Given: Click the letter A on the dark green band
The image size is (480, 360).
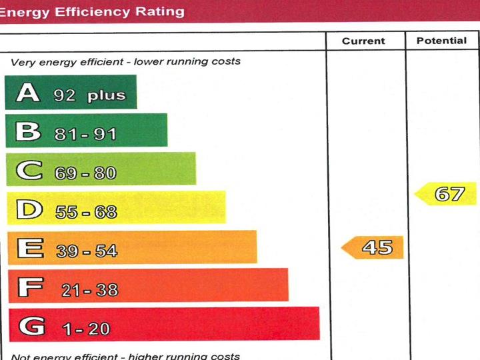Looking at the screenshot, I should click(28, 92).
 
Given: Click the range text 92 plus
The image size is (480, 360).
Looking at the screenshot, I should click(89, 95).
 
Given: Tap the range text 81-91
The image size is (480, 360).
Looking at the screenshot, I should click(85, 134).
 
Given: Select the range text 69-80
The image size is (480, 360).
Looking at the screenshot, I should click(85, 173).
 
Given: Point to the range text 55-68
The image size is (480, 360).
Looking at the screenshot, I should click(86, 212).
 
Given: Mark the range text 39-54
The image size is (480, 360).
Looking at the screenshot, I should click(87, 251).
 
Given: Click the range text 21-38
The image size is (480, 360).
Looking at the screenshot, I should click(90, 289).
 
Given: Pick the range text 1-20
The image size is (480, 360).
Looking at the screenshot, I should click(86, 329).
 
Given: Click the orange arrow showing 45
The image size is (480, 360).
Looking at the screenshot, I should click(373, 248).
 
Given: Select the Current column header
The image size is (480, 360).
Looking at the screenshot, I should click(363, 41).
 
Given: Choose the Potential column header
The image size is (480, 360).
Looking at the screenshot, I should click(441, 41).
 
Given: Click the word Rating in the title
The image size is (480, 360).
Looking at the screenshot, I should click(159, 11).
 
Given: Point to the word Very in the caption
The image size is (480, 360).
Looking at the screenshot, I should click(23, 62).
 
